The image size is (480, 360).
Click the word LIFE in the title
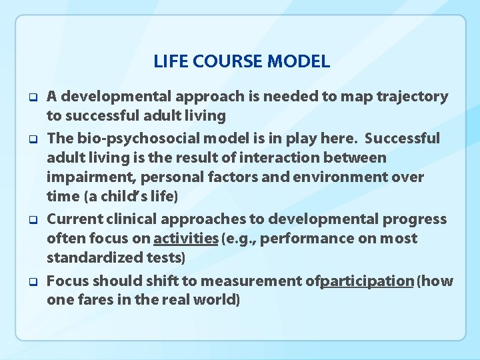(x=167, y=62)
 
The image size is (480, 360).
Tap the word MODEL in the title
(x=298, y=62)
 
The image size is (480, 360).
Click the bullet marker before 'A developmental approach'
(x=31, y=97)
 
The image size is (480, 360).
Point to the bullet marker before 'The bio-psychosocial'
(x=31, y=139)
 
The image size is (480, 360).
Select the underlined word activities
(x=186, y=239)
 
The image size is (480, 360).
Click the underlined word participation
(x=367, y=281)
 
